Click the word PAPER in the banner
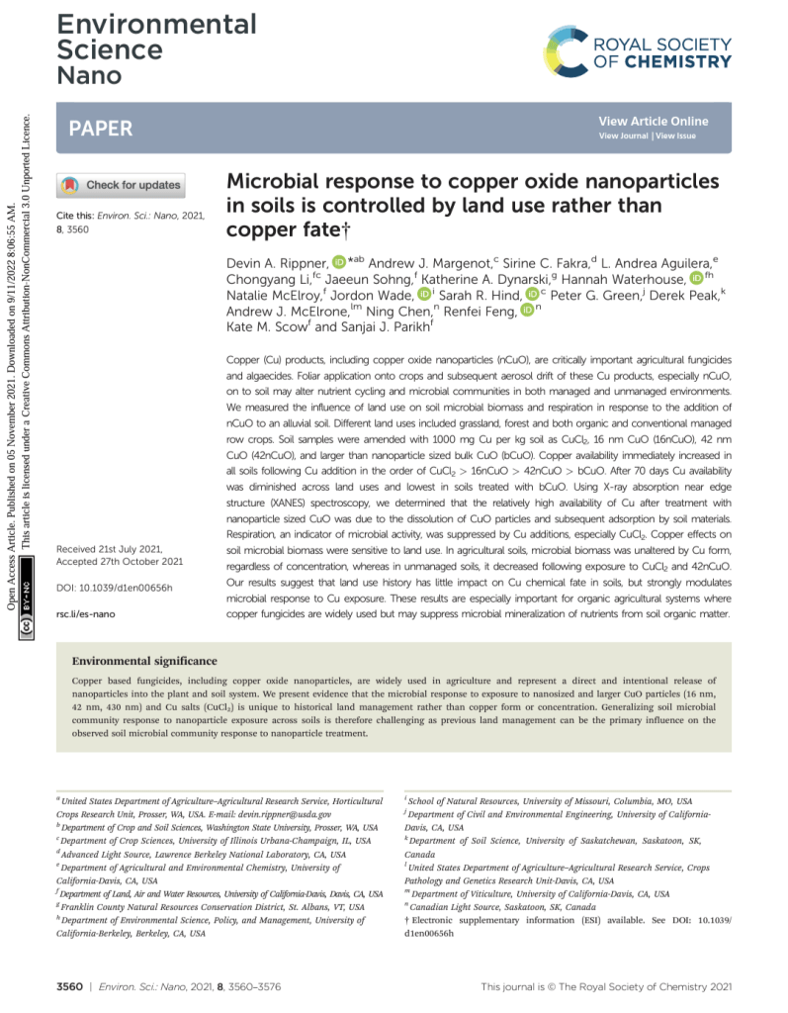coord(100,129)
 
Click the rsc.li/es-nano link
coord(88,614)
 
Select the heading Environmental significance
coord(145,661)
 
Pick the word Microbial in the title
coord(271,182)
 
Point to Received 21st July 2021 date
coord(119,547)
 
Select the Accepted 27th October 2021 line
coord(120,561)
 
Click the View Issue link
coord(675,136)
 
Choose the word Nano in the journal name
coord(88,76)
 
